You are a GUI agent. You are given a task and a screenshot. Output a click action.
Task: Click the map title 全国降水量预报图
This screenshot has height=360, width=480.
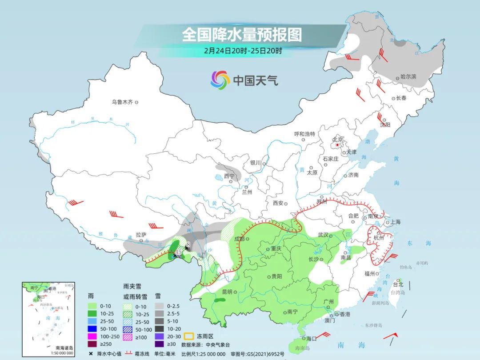click(x=241, y=35)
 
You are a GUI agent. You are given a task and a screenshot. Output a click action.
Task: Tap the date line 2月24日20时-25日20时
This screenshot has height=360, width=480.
click(x=243, y=51)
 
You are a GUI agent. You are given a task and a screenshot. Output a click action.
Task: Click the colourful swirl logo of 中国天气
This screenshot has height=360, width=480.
click(x=220, y=80)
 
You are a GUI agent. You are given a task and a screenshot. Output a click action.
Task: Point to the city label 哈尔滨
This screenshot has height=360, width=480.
click(x=408, y=77)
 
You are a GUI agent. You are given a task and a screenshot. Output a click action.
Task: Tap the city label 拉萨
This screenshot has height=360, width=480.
click(x=141, y=235)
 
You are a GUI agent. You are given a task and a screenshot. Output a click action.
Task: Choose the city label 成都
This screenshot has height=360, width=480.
click(x=239, y=239)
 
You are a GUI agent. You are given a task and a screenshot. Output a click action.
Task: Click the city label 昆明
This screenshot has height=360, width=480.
click(x=227, y=292)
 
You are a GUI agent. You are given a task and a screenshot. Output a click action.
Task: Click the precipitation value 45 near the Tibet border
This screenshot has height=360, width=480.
click(x=179, y=252)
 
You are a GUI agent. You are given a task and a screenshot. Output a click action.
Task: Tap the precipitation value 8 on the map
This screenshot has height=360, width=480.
click(x=188, y=244)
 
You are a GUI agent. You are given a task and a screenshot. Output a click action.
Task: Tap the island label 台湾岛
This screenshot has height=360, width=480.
click(x=398, y=293)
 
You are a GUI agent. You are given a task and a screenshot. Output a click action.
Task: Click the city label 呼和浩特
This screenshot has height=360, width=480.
click(x=304, y=134)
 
